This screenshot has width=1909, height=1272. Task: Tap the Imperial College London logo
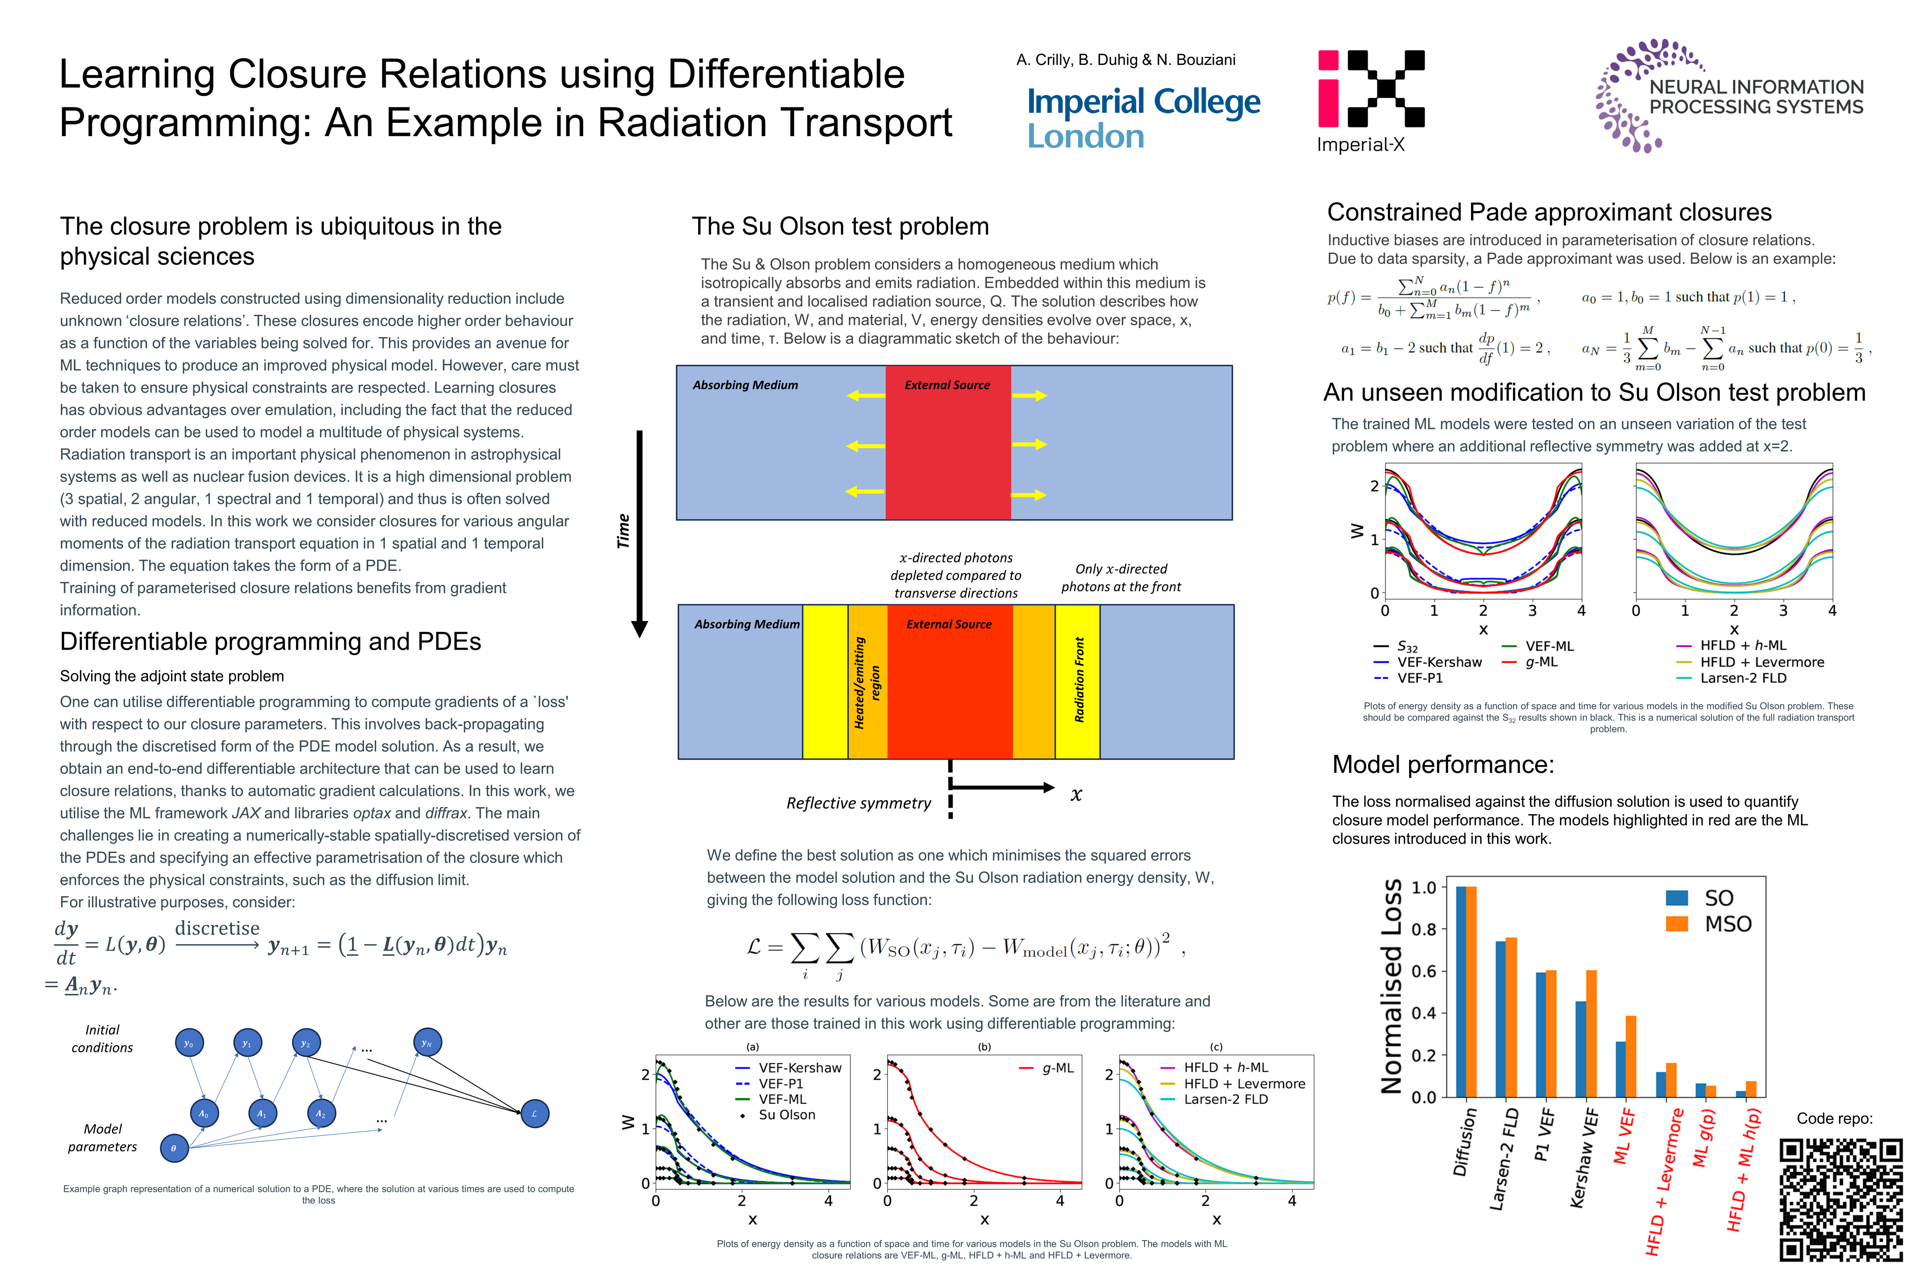click(x=1143, y=118)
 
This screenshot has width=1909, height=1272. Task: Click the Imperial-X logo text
click(x=1360, y=145)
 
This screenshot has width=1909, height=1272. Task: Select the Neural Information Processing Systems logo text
click(x=1756, y=97)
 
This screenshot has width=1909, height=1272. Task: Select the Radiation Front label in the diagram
click(x=1079, y=680)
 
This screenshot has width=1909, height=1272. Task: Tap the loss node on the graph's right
click(x=534, y=1114)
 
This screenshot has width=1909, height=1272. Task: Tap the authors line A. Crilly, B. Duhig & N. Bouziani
click(x=1125, y=60)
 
